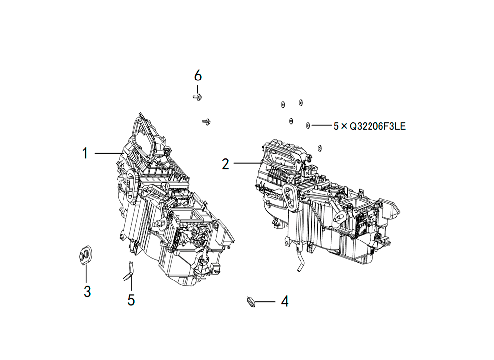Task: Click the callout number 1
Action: tap(85, 153)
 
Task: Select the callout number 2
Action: tap(225, 164)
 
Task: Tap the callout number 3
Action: tap(87, 291)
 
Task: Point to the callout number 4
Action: tap(285, 301)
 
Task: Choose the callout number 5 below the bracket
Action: tap(131, 300)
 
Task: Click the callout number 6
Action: tap(198, 76)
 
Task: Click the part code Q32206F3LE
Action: tap(377, 126)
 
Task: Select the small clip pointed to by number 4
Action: tap(250, 302)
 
